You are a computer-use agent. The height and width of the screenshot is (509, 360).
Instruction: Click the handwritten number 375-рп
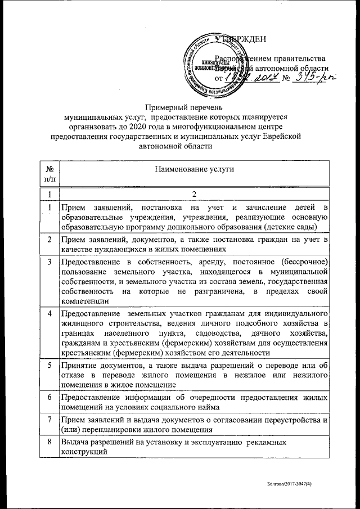click(310, 79)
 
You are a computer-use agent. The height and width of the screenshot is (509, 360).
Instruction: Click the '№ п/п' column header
click(49, 173)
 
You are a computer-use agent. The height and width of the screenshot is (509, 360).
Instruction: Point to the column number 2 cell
click(193, 195)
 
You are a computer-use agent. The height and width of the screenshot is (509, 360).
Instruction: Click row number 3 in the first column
click(49, 262)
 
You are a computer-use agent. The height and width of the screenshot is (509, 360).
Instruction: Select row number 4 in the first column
click(49, 313)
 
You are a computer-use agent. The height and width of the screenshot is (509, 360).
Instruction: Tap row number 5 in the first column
click(49, 364)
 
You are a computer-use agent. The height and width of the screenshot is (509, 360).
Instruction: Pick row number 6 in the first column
click(49, 398)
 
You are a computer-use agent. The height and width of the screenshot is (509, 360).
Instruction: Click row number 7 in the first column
click(49, 420)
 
